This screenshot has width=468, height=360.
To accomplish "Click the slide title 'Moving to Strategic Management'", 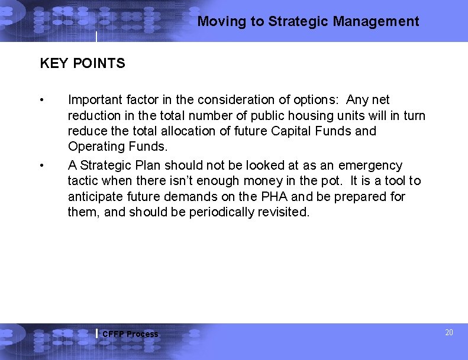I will tap(308, 22).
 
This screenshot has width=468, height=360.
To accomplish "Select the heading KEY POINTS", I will tap(82, 63).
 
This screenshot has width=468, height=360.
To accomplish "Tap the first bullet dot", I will tap(42, 99).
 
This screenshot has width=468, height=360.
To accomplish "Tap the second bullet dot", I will tap(42, 165).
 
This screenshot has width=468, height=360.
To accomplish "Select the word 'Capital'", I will tap(292, 131).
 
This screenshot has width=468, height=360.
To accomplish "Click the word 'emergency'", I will tap(370, 166).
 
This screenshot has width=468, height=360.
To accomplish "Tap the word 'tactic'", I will tap(83, 181).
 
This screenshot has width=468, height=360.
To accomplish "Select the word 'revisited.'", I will tap(283, 212).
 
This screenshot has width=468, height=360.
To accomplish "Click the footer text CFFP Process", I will tap(130, 334).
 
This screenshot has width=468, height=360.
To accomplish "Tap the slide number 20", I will tap(448, 333).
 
